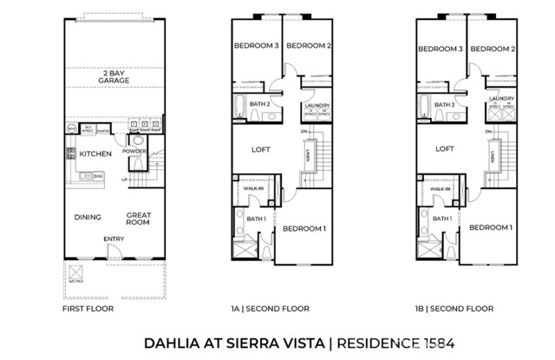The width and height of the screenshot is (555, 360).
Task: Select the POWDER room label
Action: pyautogui.click(x=134, y=150)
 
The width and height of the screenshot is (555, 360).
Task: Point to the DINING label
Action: pyautogui.click(x=87, y=217)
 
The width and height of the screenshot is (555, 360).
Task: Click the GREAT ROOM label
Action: pyautogui.click(x=138, y=219)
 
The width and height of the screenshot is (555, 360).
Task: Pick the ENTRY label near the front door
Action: pyautogui.click(x=113, y=239)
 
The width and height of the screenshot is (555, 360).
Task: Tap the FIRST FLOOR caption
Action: pyautogui.click(x=86, y=308)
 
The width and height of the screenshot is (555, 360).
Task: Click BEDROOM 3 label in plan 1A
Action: pyautogui.click(x=255, y=47)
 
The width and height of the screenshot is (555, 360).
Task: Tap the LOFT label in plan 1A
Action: pyautogui.click(x=261, y=148)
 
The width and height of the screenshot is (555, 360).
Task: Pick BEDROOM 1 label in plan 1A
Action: pyautogui.click(x=304, y=228)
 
